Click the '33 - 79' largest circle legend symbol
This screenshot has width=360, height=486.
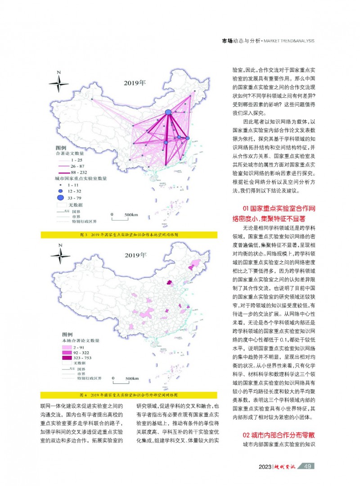59,197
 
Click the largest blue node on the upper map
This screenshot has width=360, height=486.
168,112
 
